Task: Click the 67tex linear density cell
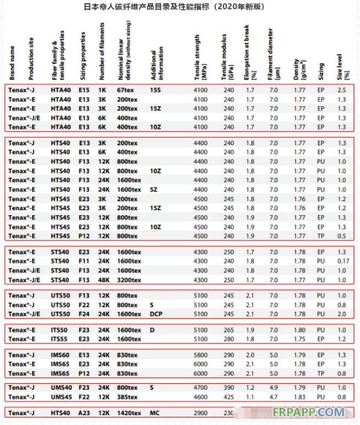[126, 89]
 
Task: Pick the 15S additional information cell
[156, 89]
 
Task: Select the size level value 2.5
[342, 89]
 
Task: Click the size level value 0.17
[343, 261]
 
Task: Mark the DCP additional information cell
[156, 314]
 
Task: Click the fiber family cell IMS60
[61, 355]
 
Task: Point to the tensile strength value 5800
[201, 355]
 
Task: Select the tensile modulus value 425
[228, 396]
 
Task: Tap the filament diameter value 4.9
[274, 387]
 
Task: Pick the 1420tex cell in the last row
[129, 412]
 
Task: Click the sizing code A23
[84, 412]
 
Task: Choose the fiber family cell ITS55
[61, 339]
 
